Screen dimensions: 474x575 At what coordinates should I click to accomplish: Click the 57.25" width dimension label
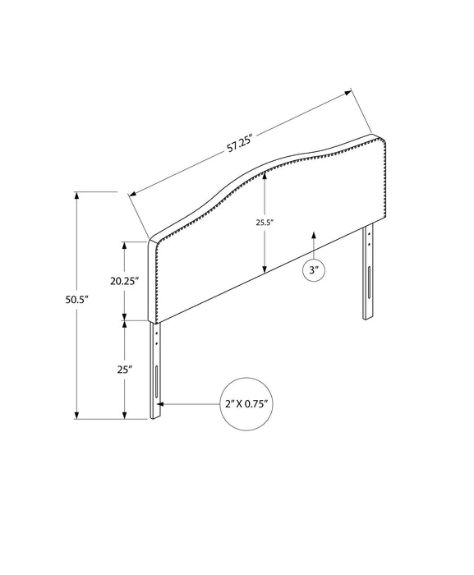[x=241, y=144]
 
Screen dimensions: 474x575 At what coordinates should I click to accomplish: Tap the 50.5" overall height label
[x=77, y=300]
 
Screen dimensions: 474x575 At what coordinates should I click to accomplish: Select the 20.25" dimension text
[x=125, y=281]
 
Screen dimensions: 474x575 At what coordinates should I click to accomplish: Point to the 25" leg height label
[x=125, y=370]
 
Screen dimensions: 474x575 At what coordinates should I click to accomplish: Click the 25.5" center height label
[x=265, y=223]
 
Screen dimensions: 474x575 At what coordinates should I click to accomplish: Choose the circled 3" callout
[x=314, y=270]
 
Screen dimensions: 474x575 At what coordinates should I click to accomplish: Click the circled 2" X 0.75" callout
[x=247, y=404]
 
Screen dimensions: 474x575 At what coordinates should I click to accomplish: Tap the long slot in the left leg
[x=157, y=381]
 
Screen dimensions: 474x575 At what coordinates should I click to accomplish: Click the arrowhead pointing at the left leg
[x=161, y=404]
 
